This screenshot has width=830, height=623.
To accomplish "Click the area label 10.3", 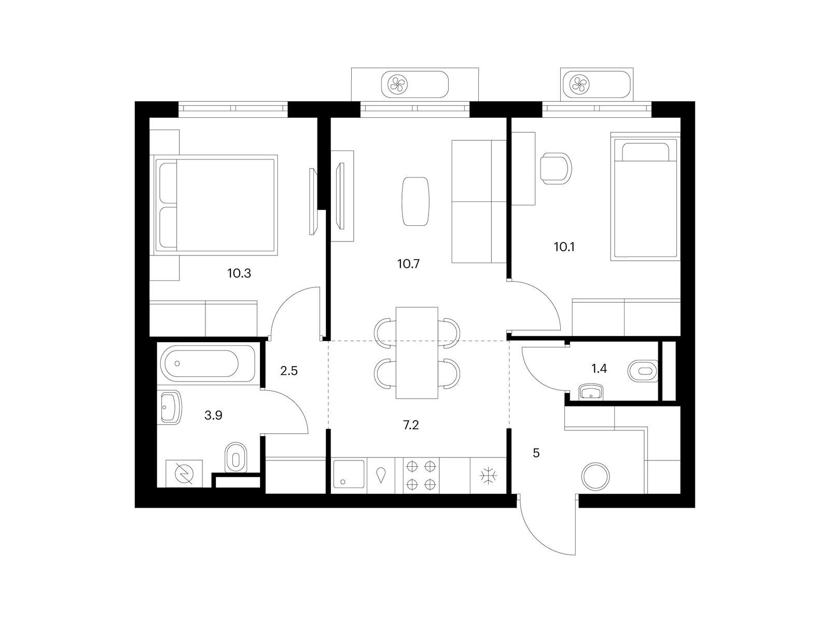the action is pos(239,273).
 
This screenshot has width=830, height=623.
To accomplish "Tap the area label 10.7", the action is pos(408,264).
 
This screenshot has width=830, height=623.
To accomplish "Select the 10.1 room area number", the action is pos(564,247).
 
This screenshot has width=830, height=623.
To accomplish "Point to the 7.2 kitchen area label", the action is pos(411,426).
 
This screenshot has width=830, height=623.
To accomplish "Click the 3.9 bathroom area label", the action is pos(213,415).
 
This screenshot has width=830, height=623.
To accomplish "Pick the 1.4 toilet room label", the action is pos(599,368).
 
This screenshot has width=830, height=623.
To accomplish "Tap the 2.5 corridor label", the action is pos(289,371).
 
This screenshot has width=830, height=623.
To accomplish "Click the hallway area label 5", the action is pos(536,453).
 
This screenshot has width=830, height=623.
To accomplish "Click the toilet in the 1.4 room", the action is pos(643,371).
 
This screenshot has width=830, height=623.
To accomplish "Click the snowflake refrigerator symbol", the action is pos(488,476).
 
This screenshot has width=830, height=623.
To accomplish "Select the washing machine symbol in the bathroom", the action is pos(184,473).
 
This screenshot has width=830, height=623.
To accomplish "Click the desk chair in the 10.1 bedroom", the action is pos(556,168).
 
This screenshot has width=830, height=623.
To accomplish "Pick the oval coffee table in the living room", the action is pos(415,201).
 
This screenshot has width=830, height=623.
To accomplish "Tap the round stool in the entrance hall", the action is pos(596,476).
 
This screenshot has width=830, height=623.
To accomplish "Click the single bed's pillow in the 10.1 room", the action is pos(645,152).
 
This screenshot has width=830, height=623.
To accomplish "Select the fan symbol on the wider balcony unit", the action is pos(398,84).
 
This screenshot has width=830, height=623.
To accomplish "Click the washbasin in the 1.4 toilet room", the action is pos(590,392).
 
